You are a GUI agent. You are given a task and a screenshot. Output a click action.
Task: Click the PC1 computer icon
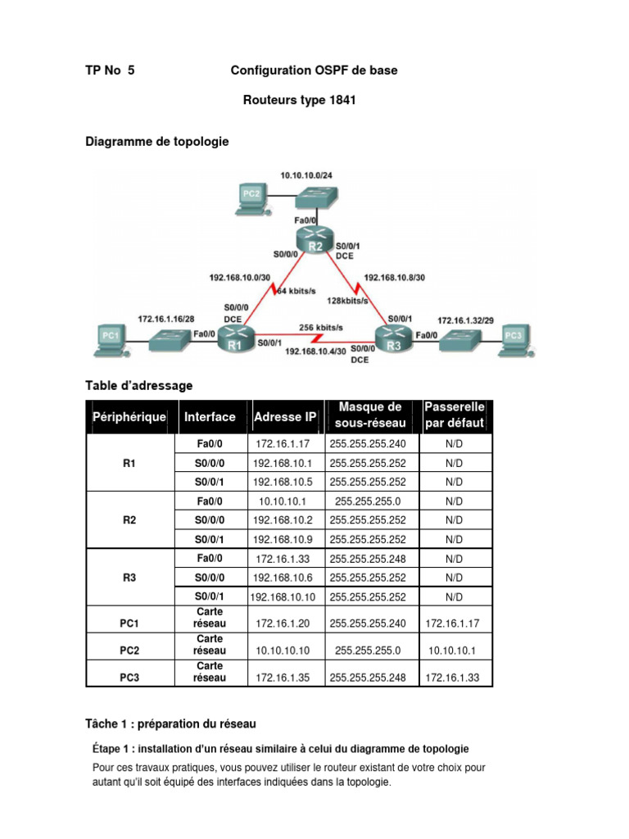pos(110,336)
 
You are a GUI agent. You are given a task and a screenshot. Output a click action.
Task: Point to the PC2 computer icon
pos(251,194)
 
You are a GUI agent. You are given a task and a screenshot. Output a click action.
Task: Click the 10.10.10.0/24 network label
pos(308,175)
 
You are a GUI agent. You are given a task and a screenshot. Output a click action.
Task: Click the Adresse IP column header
pos(285,417)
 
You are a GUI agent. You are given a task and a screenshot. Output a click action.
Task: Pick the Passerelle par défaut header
pos(455,416)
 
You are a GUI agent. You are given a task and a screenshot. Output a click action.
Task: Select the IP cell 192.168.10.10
pos(287,596)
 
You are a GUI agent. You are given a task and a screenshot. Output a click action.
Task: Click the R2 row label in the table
pos(129,519)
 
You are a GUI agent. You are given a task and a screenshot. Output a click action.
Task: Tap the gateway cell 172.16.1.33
pos(454,678)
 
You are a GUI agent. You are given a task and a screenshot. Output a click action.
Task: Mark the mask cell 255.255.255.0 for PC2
pos(368,651)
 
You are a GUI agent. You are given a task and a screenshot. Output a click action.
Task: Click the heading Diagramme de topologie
pos(157,142)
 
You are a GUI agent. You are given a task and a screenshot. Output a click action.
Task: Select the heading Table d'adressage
pos(139,383)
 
